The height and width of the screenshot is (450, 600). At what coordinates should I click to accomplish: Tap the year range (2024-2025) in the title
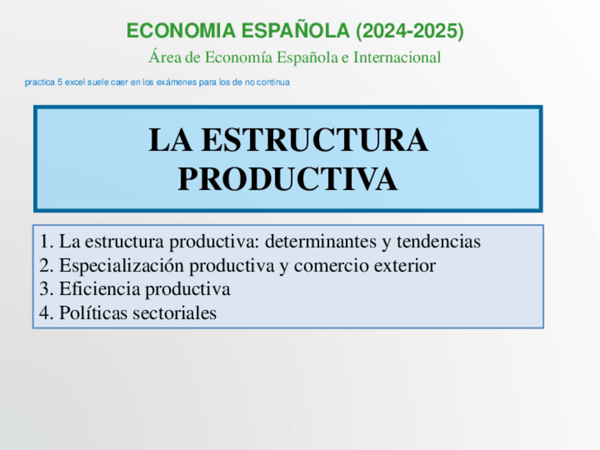(x=410, y=31)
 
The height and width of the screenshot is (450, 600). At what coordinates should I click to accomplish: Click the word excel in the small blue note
(x=74, y=83)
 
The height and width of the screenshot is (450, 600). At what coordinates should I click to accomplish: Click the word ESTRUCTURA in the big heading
(x=314, y=141)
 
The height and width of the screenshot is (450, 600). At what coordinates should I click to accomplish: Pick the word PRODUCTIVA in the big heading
(x=287, y=179)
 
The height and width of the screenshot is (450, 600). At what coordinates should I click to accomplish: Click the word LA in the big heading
(x=169, y=141)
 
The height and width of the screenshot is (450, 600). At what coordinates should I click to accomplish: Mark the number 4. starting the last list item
(x=47, y=313)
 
